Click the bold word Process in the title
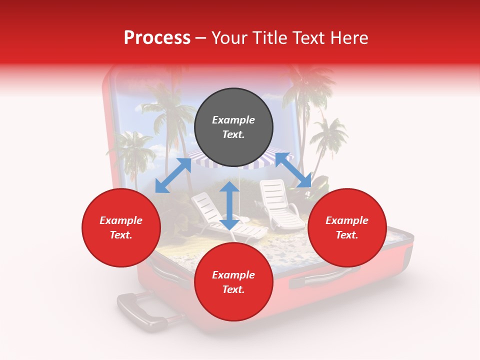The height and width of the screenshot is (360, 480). [x=157, y=38]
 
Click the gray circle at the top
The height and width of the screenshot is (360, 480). [x=233, y=127]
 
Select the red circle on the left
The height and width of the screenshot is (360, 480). [x=121, y=228]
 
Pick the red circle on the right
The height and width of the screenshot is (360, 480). [x=347, y=228]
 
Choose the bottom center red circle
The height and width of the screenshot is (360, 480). [x=233, y=282]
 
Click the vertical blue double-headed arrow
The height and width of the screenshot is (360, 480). [x=229, y=205]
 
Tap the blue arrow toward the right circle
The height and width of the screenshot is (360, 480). [x=293, y=170]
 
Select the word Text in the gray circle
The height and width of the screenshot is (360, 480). [x=233, y=135]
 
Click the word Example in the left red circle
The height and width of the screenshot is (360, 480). [x=121, y=220]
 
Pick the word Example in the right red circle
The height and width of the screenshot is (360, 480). [x=347, y=220]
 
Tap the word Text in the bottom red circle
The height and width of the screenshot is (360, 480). [x=233, y=290]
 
